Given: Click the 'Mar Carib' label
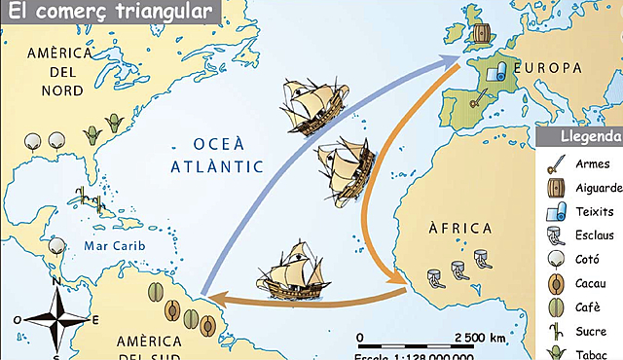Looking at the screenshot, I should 113,246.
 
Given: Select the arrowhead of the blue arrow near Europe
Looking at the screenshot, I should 458,59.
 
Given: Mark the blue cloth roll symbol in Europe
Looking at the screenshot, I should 495,71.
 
